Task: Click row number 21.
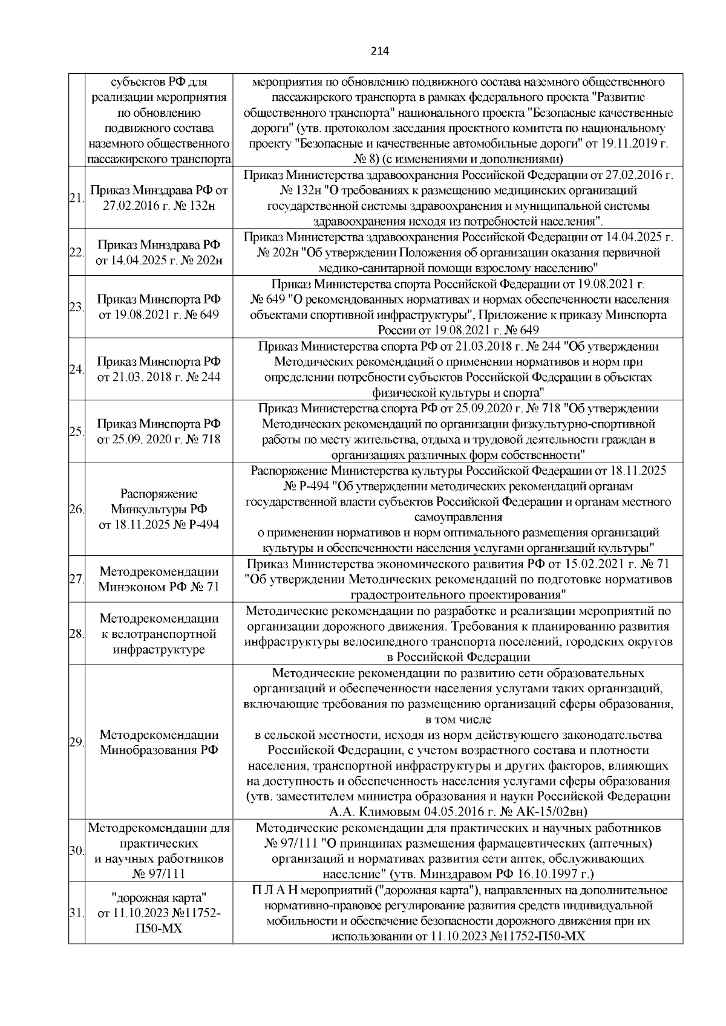[x=76, y=198]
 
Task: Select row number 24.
[x=76, y=369]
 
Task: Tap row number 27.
[x=76, y=579]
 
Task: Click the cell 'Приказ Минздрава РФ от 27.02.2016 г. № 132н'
[x=159, y=198]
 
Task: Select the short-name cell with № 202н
[x=159, y=253]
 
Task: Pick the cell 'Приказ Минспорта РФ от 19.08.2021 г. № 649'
[x=159, y=307]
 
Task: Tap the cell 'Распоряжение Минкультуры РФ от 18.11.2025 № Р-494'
[x=159, y=509]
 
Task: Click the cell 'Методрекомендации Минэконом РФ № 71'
[x=159, y=579]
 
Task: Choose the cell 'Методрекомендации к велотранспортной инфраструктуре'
[x=159, y=634]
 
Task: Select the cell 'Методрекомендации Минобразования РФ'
[x=159, y=742]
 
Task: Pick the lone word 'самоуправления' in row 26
[x=458, y=518]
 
